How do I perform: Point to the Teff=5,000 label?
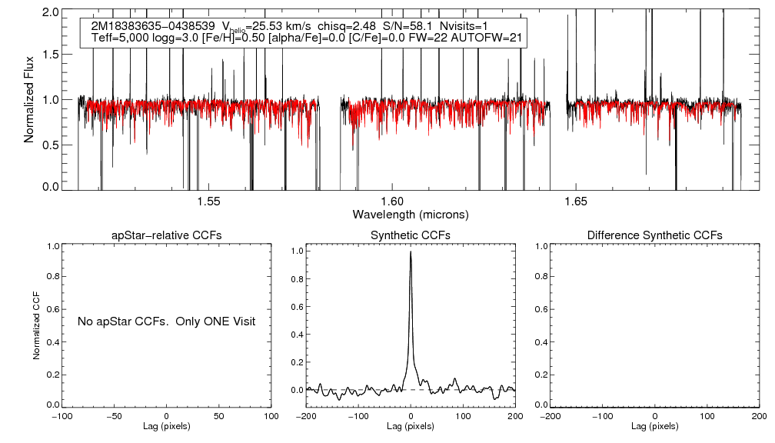click(x=121, y=38)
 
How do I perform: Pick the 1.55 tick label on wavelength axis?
click(x=208, y=202)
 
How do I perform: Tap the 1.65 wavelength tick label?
click(x=576, y=202)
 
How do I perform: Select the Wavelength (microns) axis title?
click(x=411, y=214)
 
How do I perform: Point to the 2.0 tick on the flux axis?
click(x=52, y=13)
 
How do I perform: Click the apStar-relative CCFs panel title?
click(x=168, y=235)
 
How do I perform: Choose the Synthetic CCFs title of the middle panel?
click(x=411, y=235)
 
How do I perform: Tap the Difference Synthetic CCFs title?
click(x=654, y=235)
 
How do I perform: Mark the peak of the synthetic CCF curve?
click(x=411, y=251)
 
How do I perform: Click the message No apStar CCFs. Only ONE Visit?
click(x=167, y=321)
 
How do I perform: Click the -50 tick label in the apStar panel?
click(x=115, y=416)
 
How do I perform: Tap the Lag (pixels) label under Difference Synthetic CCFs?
click(x=654, y=426)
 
